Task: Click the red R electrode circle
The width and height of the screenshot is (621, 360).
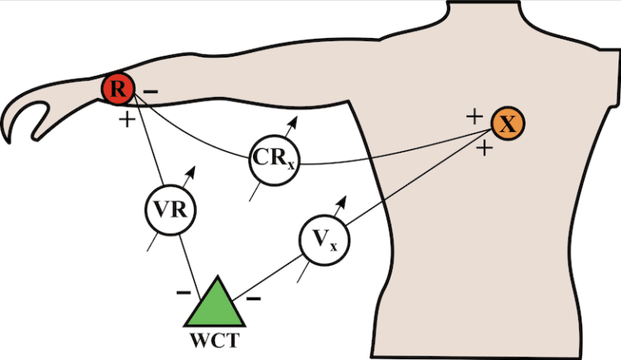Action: pos(118,88)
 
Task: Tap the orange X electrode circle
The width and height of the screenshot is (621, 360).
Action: pos(508,124)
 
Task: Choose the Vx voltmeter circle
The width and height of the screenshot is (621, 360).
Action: pos(323,238)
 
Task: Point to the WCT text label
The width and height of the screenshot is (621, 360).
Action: pos(213,341)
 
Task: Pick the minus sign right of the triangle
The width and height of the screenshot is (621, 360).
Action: pos(252,299)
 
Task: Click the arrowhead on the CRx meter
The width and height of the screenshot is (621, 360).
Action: pos(294,121)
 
